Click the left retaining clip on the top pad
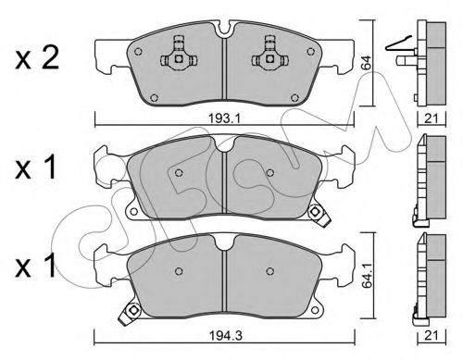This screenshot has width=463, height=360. [176, 58]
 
